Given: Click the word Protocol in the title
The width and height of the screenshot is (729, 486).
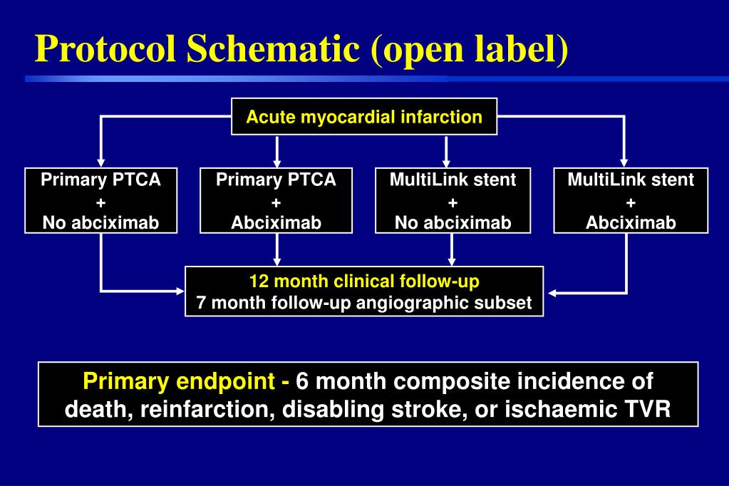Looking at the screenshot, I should (106, 48).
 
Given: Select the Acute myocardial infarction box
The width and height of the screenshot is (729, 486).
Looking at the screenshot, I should (364, 117).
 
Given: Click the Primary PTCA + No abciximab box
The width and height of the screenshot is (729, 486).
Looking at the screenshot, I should (100, 201).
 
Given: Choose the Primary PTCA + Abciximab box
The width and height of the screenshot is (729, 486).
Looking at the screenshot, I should (276, 201).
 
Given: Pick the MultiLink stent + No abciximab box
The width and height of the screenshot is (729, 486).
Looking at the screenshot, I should (453, 201).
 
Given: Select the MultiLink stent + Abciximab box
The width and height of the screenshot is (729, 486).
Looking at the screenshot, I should (631, 201).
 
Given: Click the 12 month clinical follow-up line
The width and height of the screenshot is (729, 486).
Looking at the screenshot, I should (364, 281).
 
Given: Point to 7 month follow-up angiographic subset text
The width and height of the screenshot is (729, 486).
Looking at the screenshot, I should (364, 303).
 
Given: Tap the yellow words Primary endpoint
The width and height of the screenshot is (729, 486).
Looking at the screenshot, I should (181, 381).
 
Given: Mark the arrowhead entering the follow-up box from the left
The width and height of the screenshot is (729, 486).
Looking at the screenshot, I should (180, 291).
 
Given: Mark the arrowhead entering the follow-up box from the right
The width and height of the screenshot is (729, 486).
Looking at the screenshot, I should (549, 292).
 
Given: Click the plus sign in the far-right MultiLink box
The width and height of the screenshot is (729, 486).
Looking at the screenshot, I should (631, 202).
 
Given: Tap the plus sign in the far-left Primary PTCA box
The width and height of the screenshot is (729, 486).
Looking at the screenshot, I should (100, 202).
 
